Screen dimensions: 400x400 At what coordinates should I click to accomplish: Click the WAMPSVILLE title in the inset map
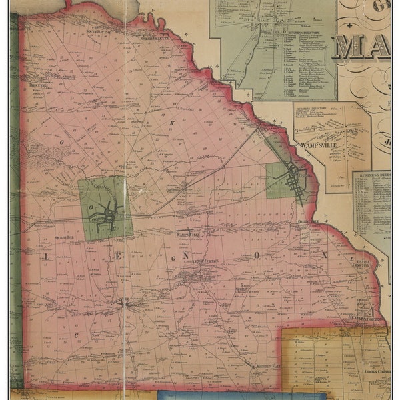click(318, 142)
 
